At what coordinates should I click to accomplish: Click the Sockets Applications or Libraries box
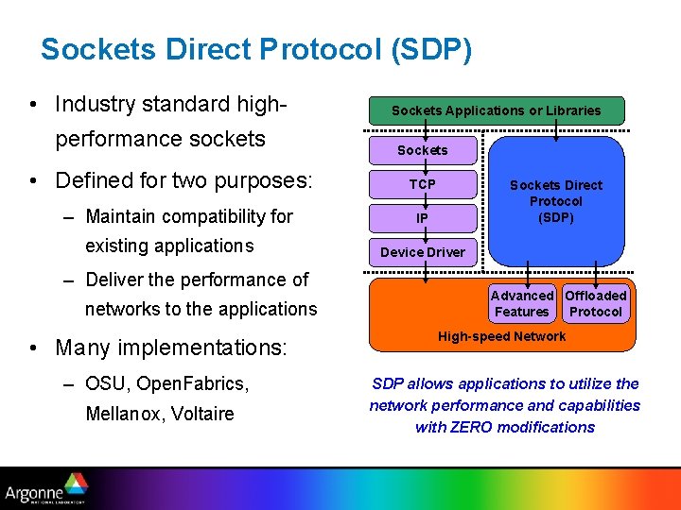497,110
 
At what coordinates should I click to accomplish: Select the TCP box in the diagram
423,184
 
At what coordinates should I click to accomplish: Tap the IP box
423,218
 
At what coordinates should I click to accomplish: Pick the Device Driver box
423,252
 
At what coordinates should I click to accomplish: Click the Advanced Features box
521,303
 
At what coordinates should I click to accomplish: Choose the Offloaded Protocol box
596,303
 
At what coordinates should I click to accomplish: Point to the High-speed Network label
501,336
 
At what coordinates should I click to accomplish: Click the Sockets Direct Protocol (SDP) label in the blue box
556,201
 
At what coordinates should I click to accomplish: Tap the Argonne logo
46,489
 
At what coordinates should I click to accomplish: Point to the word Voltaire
202,414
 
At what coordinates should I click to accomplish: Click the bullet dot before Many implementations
34,348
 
